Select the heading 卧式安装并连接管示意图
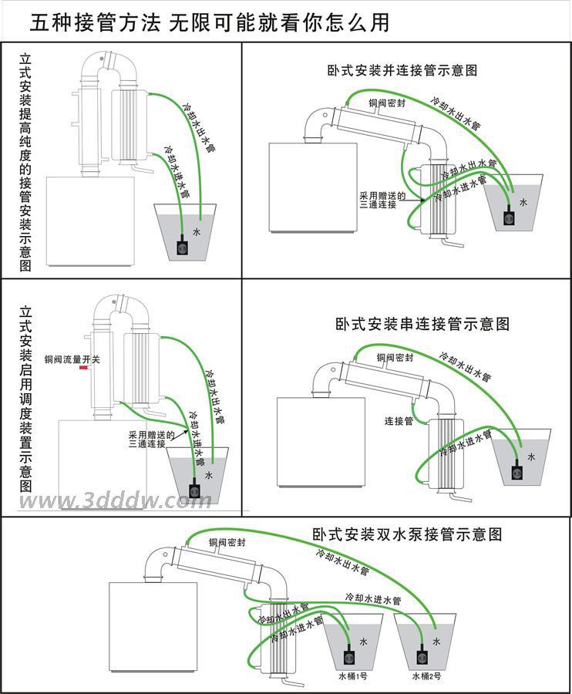coord(402,70)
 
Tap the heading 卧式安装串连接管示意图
coord(422,324)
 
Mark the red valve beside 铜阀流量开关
coord(82,369)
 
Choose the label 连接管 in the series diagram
coord(399,421)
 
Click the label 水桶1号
coord(352,676)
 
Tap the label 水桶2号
coord(426,676)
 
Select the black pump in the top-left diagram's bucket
coord(182,248)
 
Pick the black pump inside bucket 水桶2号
coord(422,657)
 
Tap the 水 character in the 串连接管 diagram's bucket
coord(530,457)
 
